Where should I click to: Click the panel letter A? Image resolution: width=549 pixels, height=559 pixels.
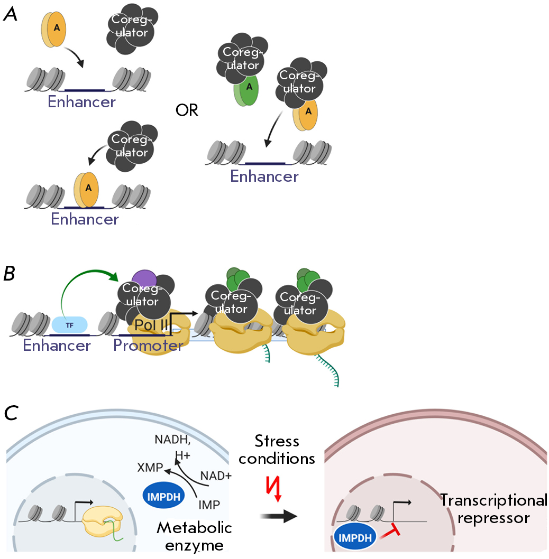point(10,14)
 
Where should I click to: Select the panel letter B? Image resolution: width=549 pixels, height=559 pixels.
point(10,274)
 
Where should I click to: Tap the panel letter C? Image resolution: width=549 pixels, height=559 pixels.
point(11,414)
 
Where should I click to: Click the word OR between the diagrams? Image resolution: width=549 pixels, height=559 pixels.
point(187,110)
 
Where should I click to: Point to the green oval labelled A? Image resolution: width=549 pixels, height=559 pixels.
point(246,90)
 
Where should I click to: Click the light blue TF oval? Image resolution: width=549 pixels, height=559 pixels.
point(70,325)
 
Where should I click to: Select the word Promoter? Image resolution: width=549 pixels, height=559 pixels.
point(148,345)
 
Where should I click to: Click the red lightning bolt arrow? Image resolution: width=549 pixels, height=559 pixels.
point(274,489)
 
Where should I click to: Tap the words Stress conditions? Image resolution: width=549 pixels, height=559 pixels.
point(277,450)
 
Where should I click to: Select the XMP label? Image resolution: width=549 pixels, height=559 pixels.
point(150,468)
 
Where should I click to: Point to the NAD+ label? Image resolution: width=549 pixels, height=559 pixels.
point(216,476)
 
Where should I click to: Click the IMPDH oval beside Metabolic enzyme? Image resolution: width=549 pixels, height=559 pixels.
point(163,497)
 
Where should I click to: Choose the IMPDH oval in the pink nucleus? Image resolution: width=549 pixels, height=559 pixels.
point(355,538)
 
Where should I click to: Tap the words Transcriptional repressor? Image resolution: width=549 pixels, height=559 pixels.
point(493,509)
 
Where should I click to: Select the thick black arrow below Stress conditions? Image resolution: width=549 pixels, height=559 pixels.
point(278,516)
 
